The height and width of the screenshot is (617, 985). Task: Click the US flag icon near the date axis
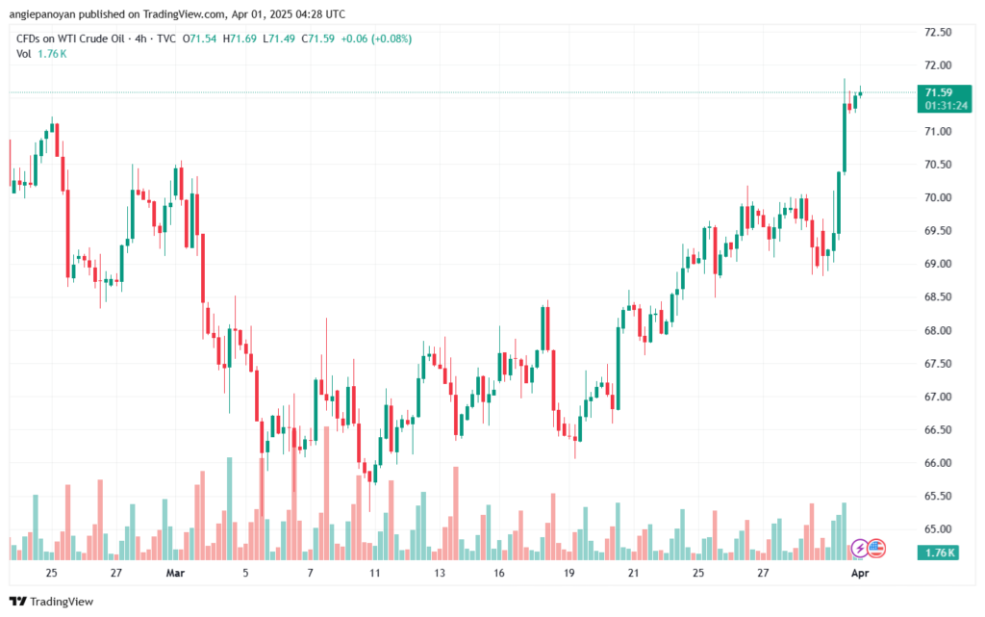click(876, 549)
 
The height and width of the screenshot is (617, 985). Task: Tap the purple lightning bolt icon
click(859, 549)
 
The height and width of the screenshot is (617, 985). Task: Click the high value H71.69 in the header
click(240, 38)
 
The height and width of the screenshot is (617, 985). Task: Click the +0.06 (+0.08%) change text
click(382, 38)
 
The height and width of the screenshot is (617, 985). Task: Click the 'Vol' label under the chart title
click(24, 54)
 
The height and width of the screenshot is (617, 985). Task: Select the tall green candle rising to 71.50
click(845, 137)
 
